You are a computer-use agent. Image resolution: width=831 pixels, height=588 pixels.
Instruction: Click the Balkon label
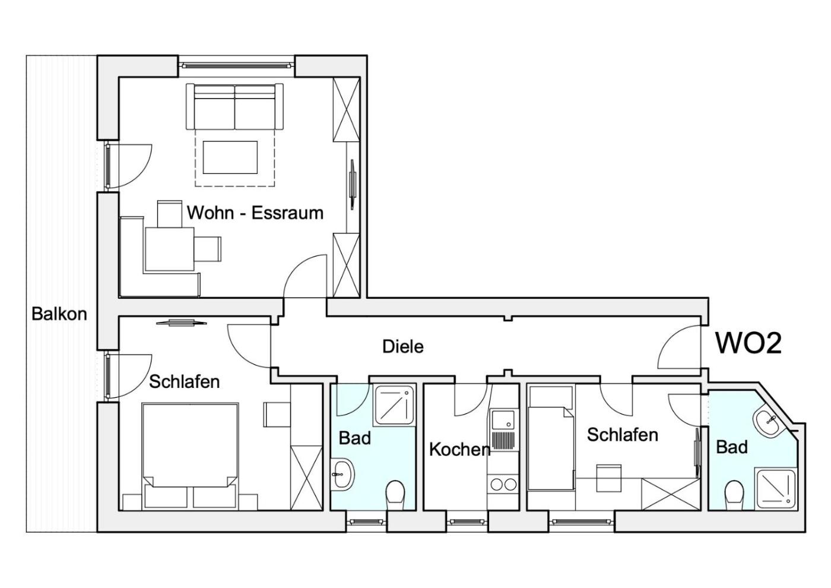click(x=59, y=314)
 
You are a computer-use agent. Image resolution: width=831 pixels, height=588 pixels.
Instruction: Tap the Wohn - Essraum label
click(x=255, y=213)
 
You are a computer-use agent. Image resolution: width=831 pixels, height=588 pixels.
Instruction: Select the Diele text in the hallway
click(x=403, y=346)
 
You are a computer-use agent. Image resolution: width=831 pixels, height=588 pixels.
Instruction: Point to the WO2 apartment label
click(x=748, y=343)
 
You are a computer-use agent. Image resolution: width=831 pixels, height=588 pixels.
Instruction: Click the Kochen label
click(x=460, y=450)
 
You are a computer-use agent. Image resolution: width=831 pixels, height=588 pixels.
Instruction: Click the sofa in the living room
click(x=234, y=106)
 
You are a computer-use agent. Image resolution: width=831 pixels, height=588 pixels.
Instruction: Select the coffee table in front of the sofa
click(x=230, y=157)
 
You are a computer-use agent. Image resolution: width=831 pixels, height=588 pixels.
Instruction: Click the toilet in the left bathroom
click(x=395, y=495)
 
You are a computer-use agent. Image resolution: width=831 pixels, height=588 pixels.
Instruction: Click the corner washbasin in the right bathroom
click(x=768, y=423)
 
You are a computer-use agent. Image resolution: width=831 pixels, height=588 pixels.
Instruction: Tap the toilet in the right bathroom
click(x=734, y=495)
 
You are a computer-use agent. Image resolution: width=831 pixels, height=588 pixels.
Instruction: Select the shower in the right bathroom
click(x=776, y=488)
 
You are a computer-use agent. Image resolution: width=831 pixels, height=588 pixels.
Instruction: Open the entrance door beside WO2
click(x=679, y=347)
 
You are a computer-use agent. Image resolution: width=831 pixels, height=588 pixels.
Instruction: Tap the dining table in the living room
click(x=170, y=249)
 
